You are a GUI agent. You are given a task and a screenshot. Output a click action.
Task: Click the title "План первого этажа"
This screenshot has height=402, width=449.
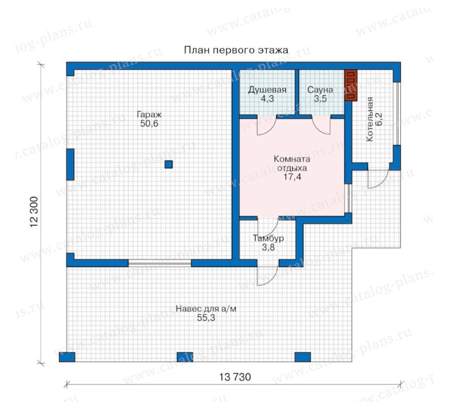(236, 50)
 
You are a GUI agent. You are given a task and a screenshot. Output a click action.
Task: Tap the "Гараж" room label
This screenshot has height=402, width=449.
(149, 115)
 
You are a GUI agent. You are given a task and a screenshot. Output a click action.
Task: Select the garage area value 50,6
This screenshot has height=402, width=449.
(149, 124)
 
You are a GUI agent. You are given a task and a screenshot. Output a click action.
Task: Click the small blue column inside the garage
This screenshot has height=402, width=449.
(169, 164)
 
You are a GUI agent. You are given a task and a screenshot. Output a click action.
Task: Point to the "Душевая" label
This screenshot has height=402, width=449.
(267, 90)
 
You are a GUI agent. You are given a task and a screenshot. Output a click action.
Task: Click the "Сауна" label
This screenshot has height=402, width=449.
(320, 90)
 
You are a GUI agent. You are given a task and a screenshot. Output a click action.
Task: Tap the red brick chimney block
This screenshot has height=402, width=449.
(351, 86)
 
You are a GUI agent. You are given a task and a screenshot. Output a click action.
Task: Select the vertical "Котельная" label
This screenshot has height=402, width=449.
(370, 119)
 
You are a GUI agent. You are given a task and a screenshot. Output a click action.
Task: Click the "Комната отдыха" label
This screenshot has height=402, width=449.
(292, 163)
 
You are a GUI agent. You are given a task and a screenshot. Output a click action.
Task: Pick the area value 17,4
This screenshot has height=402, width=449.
(292, 177)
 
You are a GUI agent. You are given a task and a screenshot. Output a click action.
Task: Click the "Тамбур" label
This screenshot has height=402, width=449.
(268, 238)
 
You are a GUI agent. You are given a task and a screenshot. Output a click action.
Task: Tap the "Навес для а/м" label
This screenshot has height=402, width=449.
(206, 309)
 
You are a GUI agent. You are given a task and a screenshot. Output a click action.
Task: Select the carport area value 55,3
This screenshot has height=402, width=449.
(206, 318)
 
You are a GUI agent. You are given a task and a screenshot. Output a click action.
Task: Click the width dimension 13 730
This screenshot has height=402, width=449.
(235, 377)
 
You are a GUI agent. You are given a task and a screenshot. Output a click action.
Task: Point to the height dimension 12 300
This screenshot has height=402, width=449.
(34, 212)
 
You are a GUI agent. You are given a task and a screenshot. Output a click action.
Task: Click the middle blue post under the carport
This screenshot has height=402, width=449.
(185, 357)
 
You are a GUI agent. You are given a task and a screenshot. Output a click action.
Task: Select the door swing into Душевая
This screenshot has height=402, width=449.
(266, 126)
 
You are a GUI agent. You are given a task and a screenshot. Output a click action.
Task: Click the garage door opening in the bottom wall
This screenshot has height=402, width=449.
(160, 263)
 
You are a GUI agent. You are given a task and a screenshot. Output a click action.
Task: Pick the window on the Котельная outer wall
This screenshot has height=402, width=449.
(396, 114)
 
